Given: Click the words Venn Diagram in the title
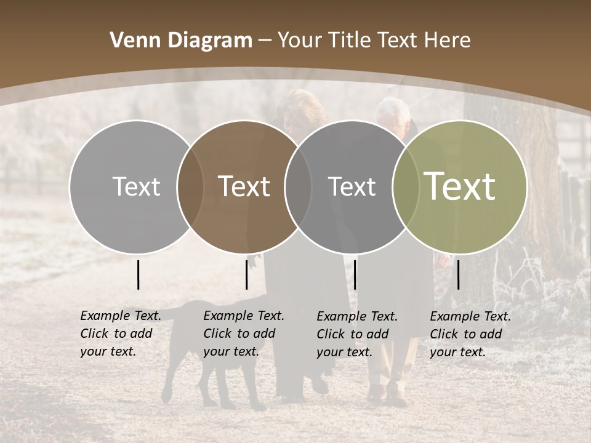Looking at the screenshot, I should pyautogui.click(x=180, y=40).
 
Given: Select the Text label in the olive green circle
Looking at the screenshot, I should pyautogui.click(x=460, y=186).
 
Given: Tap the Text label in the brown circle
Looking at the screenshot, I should pyautogui.click(x=244, y=186).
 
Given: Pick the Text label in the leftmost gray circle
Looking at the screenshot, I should pyautogui.click(x=136, y=186).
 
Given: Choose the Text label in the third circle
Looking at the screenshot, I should pyautogui.click(x=352, y=186).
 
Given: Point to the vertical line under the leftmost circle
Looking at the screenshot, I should pyautogui.click(x=138, y=274).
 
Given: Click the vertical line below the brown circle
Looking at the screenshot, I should pyautogui.click(x=246, y=274).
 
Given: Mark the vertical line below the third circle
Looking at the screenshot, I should pyautogui.click(x=355, y=274).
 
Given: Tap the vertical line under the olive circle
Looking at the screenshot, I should pyautogui.click(x=459, y=274).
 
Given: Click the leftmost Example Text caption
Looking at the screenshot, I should pyautogui.click(x=121, y=333).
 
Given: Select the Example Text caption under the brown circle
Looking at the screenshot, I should pyautogui.click(x=244, y=333).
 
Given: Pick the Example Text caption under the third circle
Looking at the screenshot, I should pyautogui.click(x=357, y=334).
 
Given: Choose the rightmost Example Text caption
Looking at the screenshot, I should pyautogui.click(x=470, y=334).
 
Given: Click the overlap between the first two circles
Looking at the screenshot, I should pyautogui.click(x=190, y=186).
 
